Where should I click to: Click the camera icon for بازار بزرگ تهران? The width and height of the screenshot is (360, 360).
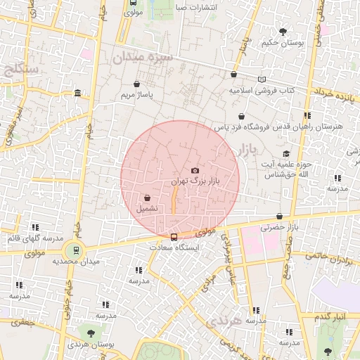[195, 171]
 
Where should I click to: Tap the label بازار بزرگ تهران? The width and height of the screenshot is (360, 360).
[194, 181]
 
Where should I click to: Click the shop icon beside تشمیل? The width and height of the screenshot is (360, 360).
[148, 198]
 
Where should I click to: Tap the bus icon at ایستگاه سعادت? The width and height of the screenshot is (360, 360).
[174, 236]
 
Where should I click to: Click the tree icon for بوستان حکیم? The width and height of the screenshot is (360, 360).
[283, 32]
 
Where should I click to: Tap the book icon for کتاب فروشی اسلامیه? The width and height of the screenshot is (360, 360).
[262, 79]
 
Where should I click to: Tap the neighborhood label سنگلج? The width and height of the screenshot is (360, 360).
[20, 70]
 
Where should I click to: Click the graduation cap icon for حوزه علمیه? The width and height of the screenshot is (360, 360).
[285, 153]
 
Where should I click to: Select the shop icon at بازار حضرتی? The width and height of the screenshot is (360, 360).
[280, 217]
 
